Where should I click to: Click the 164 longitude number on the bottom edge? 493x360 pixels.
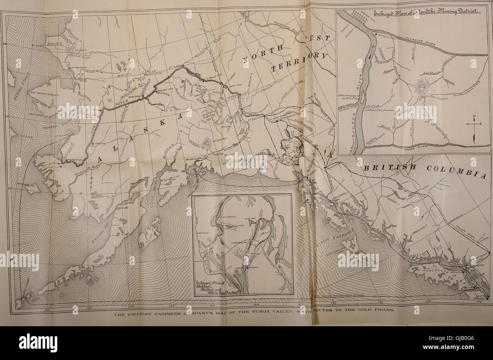(26, 309)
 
